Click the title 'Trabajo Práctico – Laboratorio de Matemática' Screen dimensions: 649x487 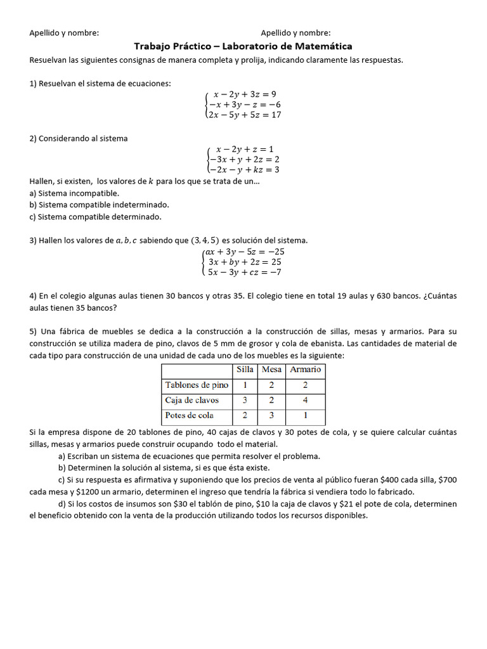click(x=243, y=46)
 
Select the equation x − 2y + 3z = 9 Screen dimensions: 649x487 click(x=245, y=94)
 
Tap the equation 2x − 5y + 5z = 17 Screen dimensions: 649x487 click(x=245, y=115)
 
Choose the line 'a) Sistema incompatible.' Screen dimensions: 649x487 click(x=74, y=193)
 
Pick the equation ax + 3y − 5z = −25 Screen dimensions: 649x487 click(x=245, y=252)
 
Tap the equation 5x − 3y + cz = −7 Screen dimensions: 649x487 click(x=245, y=273)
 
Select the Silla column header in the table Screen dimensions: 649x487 click(x=245, y=369)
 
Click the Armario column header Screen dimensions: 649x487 click(x=306, y=369)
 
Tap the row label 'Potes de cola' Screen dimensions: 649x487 click(x=189, y=416)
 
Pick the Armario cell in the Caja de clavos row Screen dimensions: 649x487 click(x=306, y=401)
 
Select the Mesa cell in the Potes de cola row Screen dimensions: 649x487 click(x=271, y=416)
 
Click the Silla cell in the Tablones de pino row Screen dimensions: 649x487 click(x=245, y=385)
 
